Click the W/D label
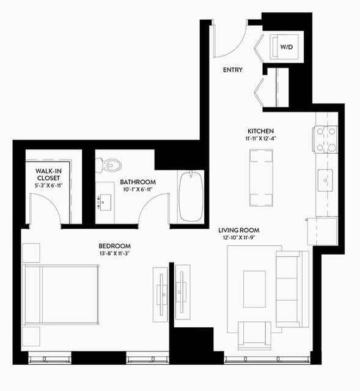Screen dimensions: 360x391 286,47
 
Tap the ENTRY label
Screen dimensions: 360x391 233,70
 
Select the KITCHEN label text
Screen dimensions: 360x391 260,131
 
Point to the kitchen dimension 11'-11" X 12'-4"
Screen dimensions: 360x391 260,139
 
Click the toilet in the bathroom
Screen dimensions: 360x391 108,165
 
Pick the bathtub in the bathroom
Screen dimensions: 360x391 191,196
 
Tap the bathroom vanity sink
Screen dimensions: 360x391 106,203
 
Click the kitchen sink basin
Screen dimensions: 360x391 325,181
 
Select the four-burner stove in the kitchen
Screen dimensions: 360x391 326,140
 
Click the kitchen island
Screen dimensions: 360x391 261,178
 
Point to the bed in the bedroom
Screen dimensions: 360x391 61,294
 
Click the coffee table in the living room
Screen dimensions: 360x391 254,289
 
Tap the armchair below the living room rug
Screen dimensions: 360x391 254,336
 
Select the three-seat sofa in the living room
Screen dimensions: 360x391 292,289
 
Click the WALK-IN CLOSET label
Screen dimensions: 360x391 48,174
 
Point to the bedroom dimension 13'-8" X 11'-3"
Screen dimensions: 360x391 115,253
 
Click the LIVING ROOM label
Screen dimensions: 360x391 239,230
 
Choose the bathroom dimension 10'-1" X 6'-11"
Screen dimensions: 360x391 138,190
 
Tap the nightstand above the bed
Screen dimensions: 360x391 31,253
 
